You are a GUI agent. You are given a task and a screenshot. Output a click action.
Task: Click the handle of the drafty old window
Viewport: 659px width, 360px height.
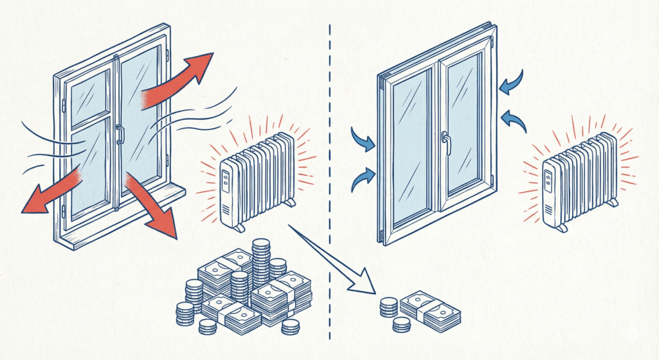[120, 134]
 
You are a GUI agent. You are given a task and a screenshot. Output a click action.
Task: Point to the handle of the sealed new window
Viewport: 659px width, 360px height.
[445, 143]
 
